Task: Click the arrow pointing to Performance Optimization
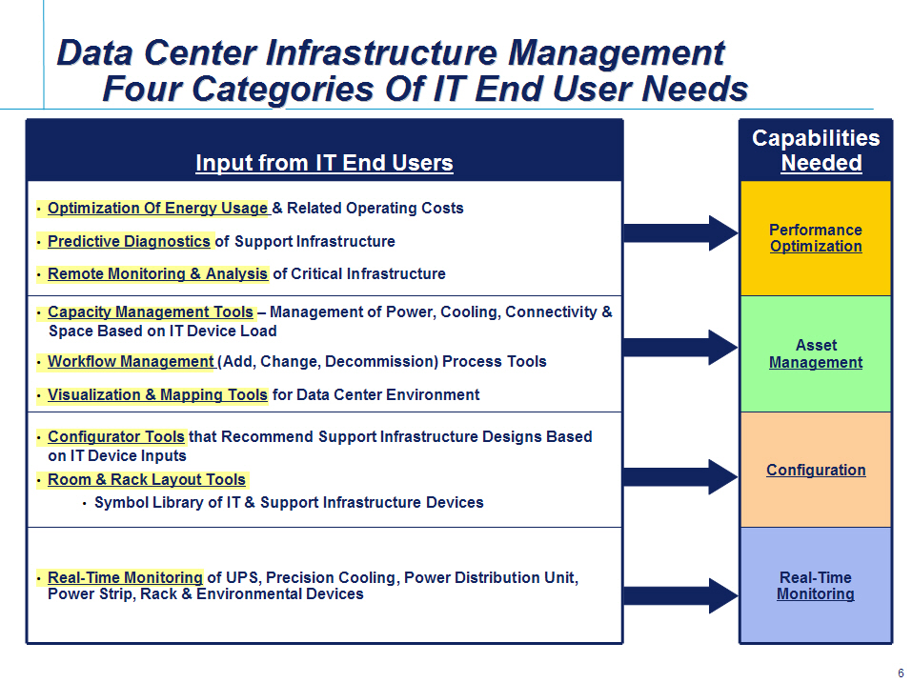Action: pyautogui.click(x=680, y=233)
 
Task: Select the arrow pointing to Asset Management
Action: pyautogui.click(x=680, y=348)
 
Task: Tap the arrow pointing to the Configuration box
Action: pyautogui.click(x=680, y=476)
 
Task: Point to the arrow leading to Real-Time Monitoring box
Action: pyautogui.click(x=680, y=595)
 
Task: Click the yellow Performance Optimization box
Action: pyautogui.click(x=816, y=238)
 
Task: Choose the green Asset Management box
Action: pyautogui.click(x=816, y=354)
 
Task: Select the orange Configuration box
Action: pyautogui.click(x=816, y=470)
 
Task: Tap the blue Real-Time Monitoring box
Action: pyautogui.click(x=816, y=585)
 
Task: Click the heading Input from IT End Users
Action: pyautogui.click(x=325, y=163)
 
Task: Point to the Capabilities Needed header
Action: pyautogui.click(x=816, y=150)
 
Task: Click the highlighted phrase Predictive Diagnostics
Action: pyautogui.click(x=129, y=241)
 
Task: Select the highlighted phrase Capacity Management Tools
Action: pyautogui.click(x=150, y=312)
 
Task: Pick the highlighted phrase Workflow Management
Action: pyautogui.click(x=131, y=362)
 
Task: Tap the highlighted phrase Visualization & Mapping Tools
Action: pyautogui.click(x=157, y=394)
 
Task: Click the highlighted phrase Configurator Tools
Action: pyautogui.click(x=115, y=436)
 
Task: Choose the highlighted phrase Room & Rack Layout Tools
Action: pyautogui.click(x=147, y=479)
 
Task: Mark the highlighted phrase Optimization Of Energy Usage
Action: pyautogui.click(x=157, y=208)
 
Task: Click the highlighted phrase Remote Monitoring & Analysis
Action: pyautogui.click(x=157, y=273)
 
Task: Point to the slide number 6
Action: pyautogui.click(x=901, y=673)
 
